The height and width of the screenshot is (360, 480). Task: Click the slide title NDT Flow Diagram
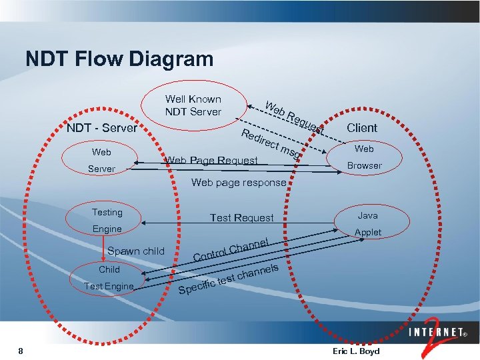(x=119, y=59)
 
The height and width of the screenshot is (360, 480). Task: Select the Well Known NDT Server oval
(x=193, y=105)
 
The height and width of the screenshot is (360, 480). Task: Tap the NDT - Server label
(x=102, y=128)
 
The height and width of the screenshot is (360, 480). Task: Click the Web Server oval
(x=102, y=161)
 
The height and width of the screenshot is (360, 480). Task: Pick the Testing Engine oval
(x=107, y=221)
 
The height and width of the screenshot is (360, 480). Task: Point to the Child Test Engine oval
(x=109, y=278)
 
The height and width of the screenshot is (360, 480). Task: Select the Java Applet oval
(x=368, y=224)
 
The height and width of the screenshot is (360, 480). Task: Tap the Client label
(x=362, y=128)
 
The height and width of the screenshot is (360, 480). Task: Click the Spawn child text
(x=135, y=251)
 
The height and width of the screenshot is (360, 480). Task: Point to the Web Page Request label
(x=211, y=160)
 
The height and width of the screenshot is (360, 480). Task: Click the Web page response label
(x=239, y=183)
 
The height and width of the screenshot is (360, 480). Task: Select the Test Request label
(x=241, y=218)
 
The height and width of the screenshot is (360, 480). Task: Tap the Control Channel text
(x=231, y=249)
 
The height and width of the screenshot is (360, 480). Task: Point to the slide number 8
(x=21, y=351)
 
